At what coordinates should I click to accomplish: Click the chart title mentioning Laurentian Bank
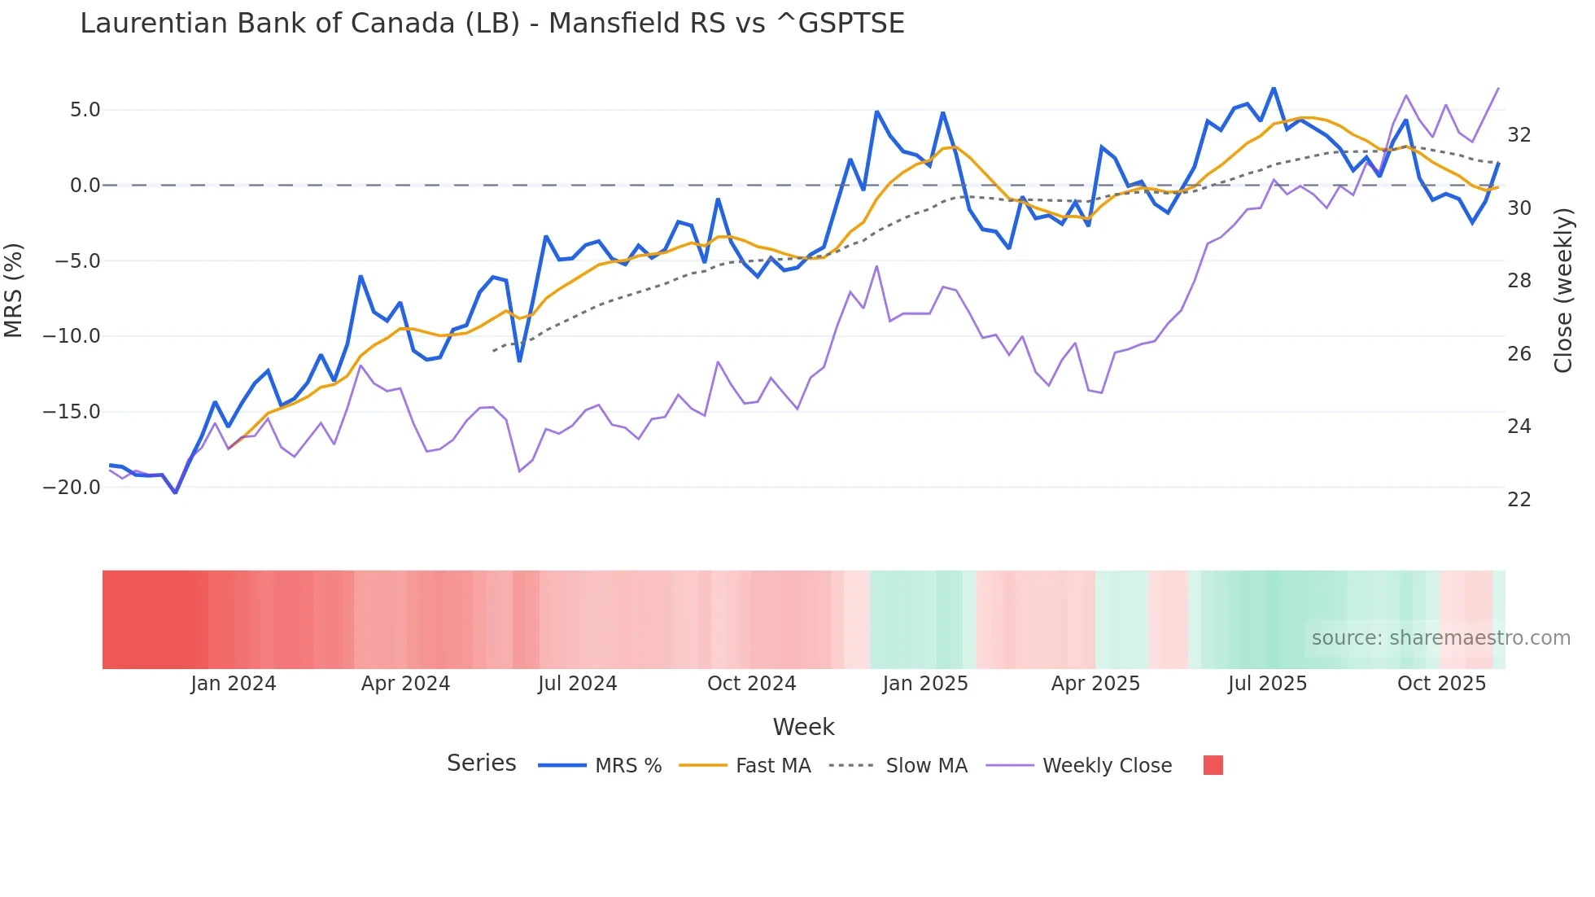(492, 24)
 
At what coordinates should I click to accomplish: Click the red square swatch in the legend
(1213, 765)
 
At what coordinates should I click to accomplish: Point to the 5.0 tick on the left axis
(85, 110)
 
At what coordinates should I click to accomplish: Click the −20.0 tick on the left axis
(72, 488)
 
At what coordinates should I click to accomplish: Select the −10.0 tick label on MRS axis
(72, 336)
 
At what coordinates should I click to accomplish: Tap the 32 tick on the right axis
(1519, 135)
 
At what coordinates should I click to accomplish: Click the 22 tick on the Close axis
(1519, 500)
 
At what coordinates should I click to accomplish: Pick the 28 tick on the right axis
(1519, 281)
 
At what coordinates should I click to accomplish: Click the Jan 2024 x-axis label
(234, 684)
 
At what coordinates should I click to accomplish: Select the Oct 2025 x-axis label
(1441, 684)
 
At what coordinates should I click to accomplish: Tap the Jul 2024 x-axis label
(577, 684)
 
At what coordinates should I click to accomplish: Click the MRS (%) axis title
(14, 291)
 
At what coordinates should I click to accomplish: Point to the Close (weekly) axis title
(1562, 291)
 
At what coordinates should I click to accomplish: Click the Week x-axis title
(803, 727)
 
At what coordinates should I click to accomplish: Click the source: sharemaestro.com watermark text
(1440, 638)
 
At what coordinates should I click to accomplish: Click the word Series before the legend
(481, 764)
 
